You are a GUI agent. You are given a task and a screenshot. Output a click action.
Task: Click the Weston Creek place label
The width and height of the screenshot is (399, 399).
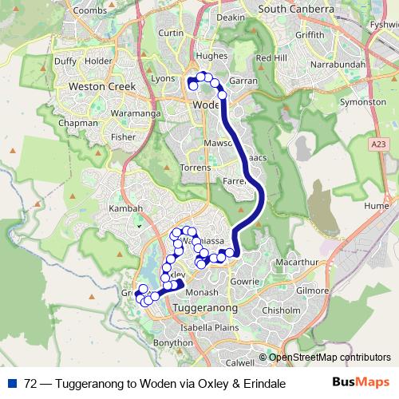coord(103,86)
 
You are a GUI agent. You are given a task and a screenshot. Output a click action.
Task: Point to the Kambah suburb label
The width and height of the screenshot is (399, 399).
coord(126,209)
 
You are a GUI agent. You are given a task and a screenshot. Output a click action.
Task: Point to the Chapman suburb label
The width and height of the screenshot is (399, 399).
coord(78,124)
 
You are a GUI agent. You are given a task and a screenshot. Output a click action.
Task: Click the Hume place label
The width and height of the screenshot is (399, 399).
coord(377,205)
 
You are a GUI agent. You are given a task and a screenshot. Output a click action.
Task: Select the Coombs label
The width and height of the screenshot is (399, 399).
coord(89,10)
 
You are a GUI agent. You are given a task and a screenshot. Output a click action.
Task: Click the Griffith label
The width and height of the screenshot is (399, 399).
coord(310,35)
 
